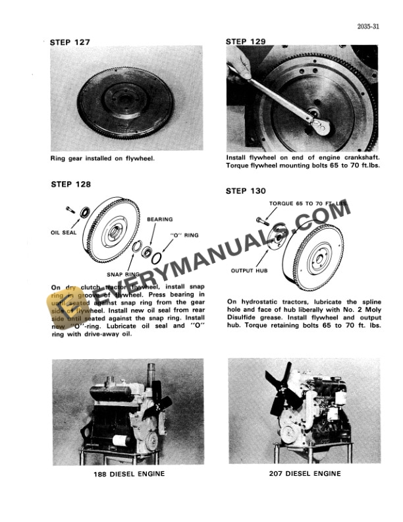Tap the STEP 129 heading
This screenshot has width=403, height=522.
[246, 42]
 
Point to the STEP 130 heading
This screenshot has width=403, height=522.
[246, 191]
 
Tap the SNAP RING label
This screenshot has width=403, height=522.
[122, 273]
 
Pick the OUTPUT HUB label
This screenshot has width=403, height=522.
[247, 271]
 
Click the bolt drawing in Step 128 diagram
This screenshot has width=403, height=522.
[70, 209]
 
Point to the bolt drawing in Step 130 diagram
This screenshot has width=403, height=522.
[256, 218]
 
